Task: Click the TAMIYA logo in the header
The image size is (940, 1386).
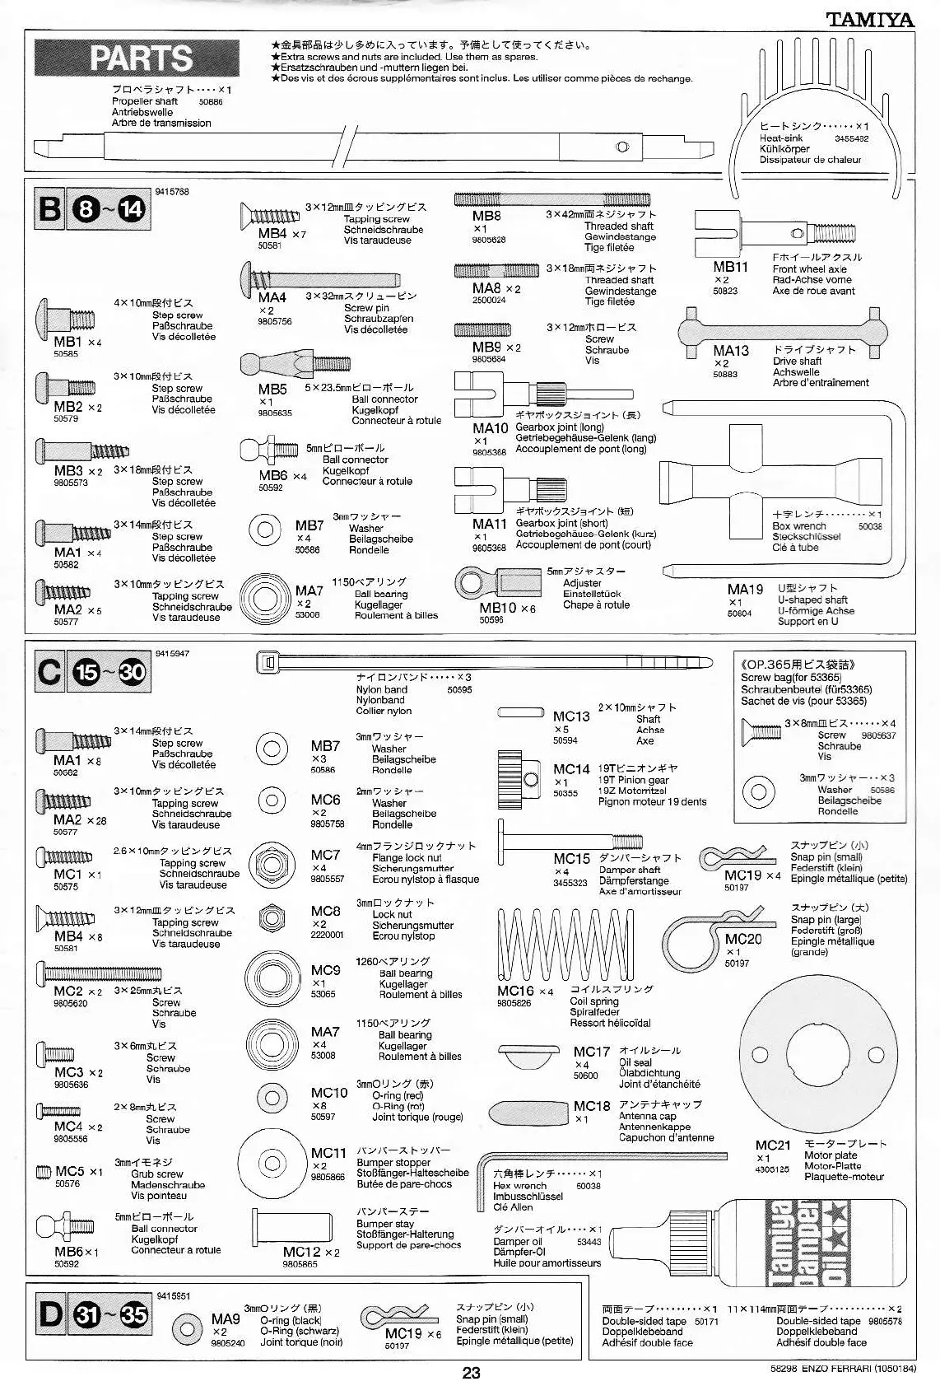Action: (x=870, y=19)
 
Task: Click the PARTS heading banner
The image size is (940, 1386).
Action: (x=137, y=58)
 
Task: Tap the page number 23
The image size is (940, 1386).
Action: (x=470, y=1372)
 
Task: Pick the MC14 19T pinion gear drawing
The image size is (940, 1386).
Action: (x=517, y=773)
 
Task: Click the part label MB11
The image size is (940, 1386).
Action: (x=730, y=267)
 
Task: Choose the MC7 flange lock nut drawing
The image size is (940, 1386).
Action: (x=272, y=864)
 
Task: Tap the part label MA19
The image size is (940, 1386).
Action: (x=745, y=589)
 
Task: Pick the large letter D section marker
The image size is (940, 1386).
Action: (x=49, y=1314)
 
